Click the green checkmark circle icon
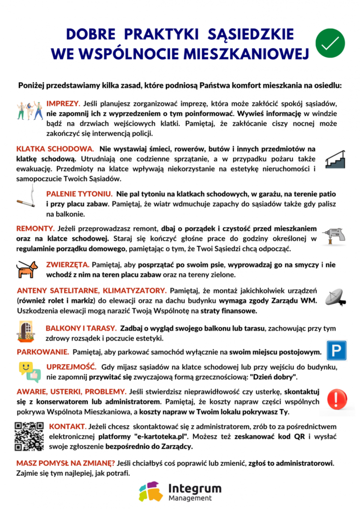point(330,43)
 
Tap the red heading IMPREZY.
point(63,103)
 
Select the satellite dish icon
point(335,297)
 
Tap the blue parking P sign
point(336,350)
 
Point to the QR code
point(29,436)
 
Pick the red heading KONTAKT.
point(67,426)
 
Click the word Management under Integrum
point(190,498)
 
